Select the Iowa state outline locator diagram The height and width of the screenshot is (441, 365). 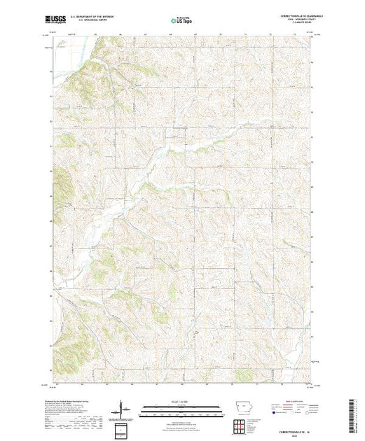tap(239, 409)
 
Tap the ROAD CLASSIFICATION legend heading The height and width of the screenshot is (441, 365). tap(297, 402)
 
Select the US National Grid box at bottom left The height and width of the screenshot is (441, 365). tap(123, 428)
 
